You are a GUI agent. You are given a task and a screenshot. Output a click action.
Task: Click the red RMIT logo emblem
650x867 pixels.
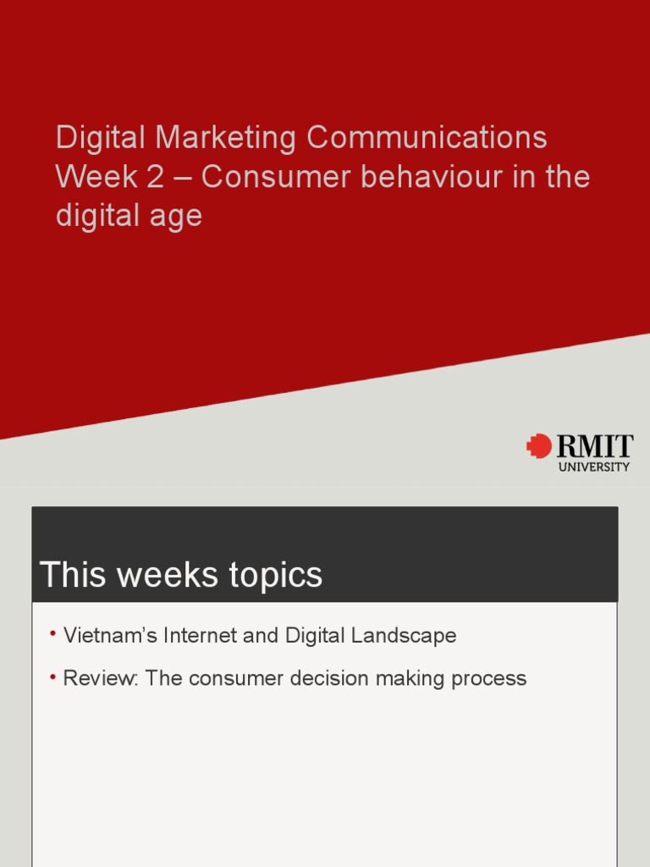click(x=538, y=446)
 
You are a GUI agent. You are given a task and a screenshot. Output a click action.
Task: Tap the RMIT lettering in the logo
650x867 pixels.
click(x=593, y=446)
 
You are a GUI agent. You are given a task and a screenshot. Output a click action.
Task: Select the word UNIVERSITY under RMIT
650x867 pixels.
click(x=594, y=467)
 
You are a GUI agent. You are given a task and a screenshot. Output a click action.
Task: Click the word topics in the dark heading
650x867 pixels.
click(x=277, y=575)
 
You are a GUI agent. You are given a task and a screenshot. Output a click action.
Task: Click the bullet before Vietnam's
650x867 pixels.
click(x=52, y=633)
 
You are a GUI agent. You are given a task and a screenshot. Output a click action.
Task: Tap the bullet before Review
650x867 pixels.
click(x=52, y=676)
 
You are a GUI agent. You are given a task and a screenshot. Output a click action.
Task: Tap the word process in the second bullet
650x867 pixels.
click(x=491, y=679)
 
